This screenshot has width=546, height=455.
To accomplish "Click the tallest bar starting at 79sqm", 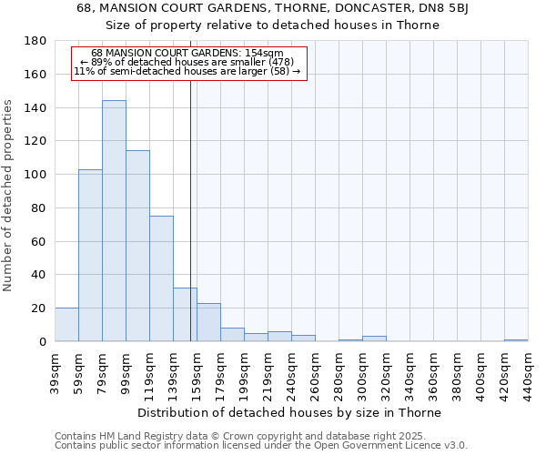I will click(114, 221).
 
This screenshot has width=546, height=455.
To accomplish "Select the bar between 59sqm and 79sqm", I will click(90, 256).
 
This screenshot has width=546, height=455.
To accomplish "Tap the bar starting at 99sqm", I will click(137, 246).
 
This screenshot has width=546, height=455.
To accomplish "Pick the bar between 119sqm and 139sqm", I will click(161, 278).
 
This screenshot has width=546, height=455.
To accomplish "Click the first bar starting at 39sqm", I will click(66, 325).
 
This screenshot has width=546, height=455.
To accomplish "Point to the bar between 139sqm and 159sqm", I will click(185, 315).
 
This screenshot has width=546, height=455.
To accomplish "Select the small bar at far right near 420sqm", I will click(516, 340).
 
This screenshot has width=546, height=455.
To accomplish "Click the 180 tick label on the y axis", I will click(35, 41).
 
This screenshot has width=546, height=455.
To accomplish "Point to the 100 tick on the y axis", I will click(35, 175).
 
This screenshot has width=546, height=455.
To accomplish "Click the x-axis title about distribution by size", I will click(291, 412).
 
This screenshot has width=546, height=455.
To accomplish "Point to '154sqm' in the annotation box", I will click(265, 53).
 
